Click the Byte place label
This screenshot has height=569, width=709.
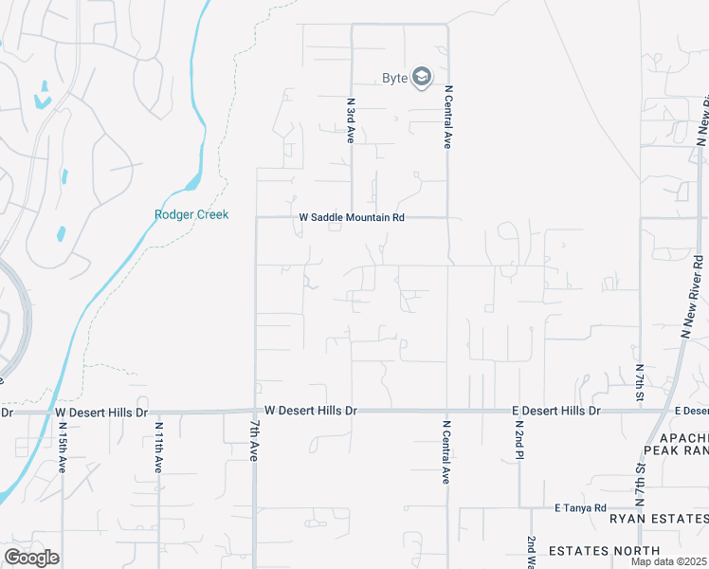[x=394, y=78]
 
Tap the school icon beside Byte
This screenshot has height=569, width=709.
[x=421, y=78]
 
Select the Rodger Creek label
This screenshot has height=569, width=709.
[x=191, y=215]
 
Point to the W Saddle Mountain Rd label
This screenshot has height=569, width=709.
[x=352, y=217]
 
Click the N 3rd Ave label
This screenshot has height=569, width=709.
[x=351, y=120]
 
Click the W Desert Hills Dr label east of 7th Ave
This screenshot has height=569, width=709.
[x=311, y=411]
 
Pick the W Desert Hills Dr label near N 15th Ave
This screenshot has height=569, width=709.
[x=101, y=413]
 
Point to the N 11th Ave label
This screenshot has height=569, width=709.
[x=158, y=448]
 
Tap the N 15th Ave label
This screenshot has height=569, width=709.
[x=62, y=448]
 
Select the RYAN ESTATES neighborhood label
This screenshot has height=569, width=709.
[x=658, y=519]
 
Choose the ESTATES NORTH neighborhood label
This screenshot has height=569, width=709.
[x=604, y=550]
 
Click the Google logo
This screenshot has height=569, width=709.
[x=31, y=558]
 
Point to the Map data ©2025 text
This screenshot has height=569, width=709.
[x=669, y=561]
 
